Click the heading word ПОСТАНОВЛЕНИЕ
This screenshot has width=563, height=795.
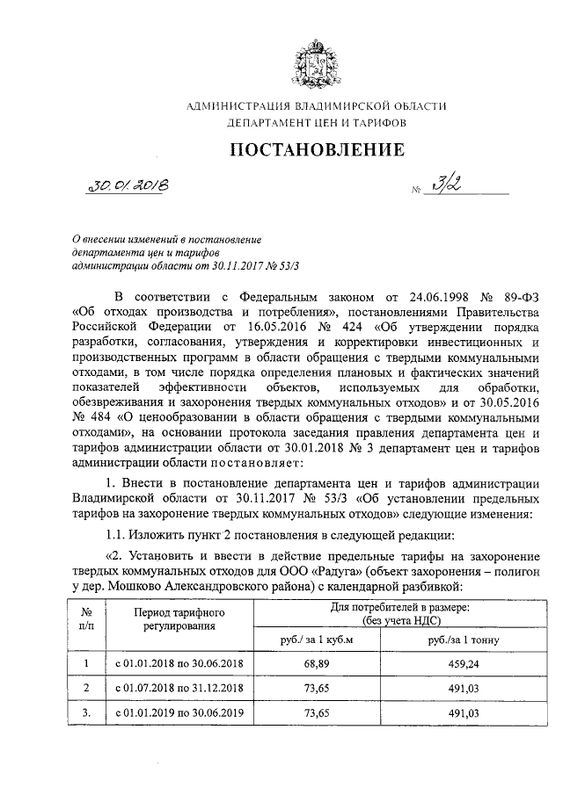click(x=317, y=149)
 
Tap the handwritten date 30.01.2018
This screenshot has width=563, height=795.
click(x=135, y=185)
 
